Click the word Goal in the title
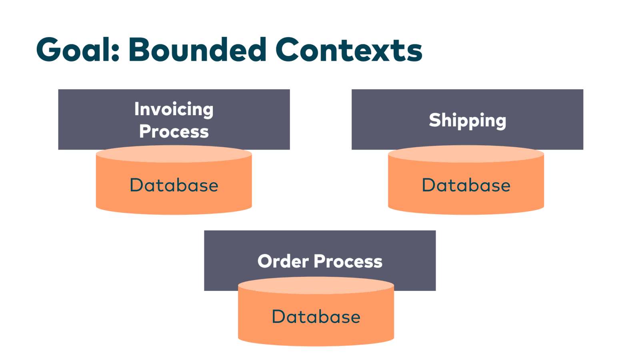coord(73,49)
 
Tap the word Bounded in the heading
coord(198,49)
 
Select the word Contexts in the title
coord(349,49)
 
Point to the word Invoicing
coord(174,110)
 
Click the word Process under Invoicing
coord(174,132)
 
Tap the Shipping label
coord(468,120)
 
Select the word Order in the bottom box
coord(283,261)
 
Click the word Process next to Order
coord(348,262)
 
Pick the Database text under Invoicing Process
coord(174,185)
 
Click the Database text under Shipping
coord(466,185)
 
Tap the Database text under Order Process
coord(316,316)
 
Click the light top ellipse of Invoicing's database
coord(174,154)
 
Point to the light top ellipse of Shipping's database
coord(466,154)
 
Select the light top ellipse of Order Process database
coord(316,286)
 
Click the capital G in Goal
coord(48,49)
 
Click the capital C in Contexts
coord(287,49)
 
